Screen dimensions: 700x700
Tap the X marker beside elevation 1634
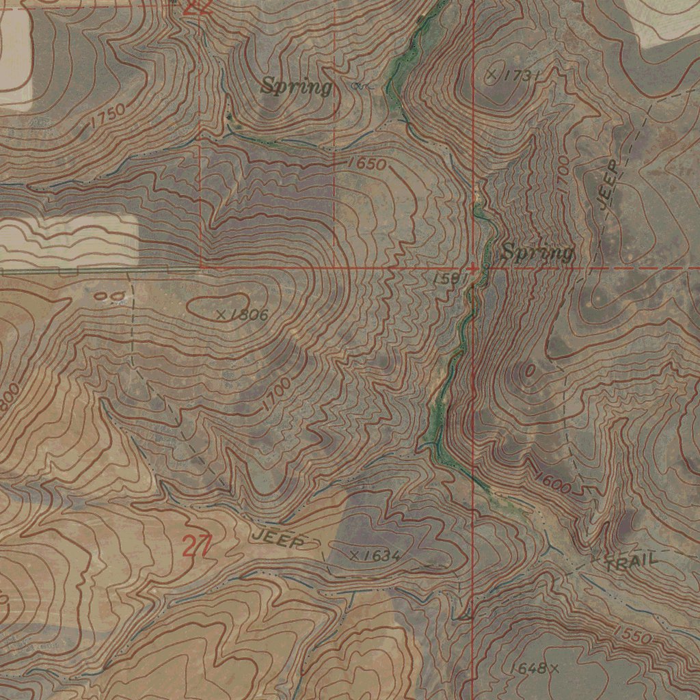coord(354,555)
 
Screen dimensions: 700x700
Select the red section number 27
coord(197,546)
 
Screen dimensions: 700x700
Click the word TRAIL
coord(632,562)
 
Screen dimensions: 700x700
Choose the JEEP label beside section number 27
coord(277,539)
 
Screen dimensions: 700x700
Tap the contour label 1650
coord(366,164)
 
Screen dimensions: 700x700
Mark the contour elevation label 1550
coord(632,634)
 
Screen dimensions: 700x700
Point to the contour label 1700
coord(276,395)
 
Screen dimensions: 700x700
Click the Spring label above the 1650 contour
coord(297,87)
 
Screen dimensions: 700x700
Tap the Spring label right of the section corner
coord(537,252)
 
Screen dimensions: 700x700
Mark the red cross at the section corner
coord(473,268)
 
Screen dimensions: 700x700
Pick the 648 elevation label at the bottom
coord(530,668)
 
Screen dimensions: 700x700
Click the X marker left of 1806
coord(221,315)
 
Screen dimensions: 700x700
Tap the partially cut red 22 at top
coord(198,7)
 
